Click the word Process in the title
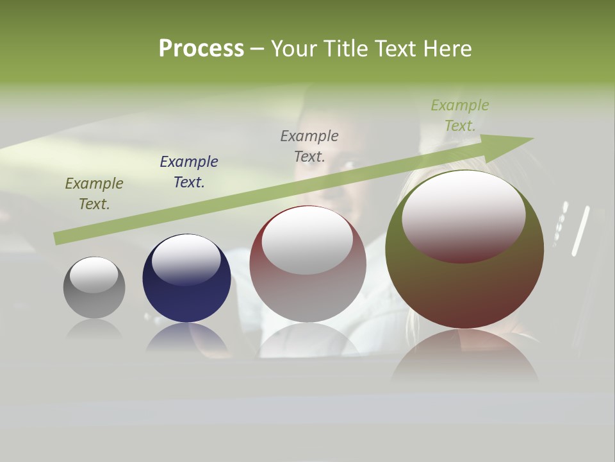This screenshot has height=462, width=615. tap(201, 49)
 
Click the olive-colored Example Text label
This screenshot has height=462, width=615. tap(94, 194)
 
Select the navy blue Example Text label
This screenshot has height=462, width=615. tap(189, 171)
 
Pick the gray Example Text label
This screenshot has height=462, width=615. tap(309, 146)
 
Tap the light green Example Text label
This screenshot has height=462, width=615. tap(459, 116)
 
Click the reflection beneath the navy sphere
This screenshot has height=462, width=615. tap(186, 338)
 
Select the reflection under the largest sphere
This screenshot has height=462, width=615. tap(464, 359)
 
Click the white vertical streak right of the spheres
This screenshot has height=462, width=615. tap(580, 231)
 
